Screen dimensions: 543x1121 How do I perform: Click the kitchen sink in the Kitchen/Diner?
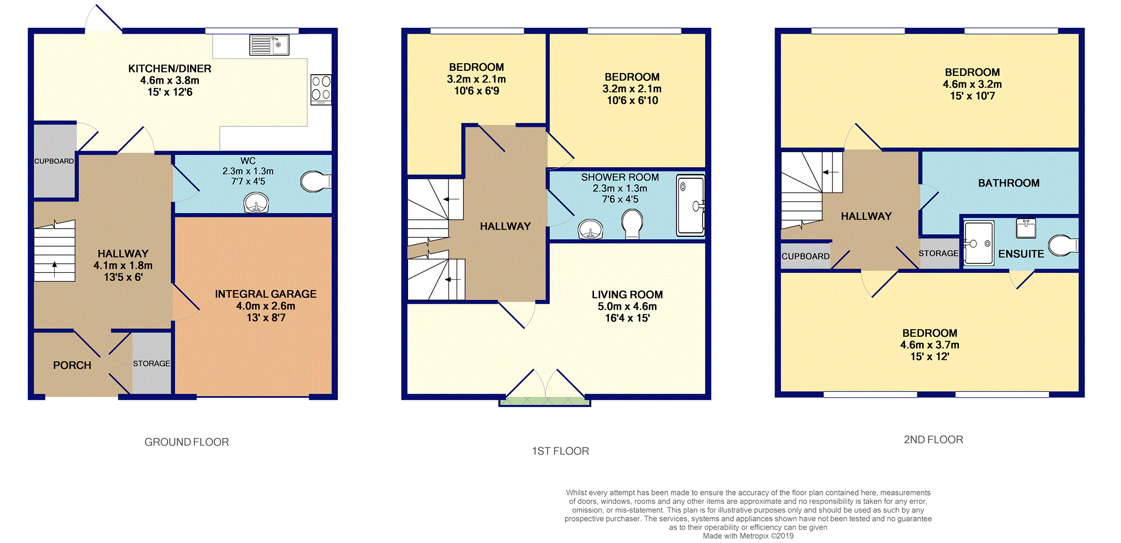pos(269,45)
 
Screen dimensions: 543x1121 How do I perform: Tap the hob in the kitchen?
pos(321,89)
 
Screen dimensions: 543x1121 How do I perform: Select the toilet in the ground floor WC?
pos(314,182)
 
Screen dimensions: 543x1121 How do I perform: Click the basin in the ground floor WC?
pos(256,203)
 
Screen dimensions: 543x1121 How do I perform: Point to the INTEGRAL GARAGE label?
pos(266,294)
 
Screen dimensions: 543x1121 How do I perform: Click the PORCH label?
pos(72,365)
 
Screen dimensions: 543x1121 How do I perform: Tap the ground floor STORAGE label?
pos(151,364)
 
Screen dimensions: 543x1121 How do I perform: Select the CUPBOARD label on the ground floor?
pos(54,161)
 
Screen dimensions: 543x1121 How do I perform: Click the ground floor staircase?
pos(54,252)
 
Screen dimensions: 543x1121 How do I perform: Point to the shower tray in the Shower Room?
pos(690,205)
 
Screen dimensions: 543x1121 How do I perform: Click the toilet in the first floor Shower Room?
pos(632,224)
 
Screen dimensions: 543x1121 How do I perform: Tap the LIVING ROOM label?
pos(627,294)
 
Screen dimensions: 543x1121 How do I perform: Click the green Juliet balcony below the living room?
pos(545,401)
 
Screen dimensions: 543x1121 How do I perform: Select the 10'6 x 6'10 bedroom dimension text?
pos(632,100)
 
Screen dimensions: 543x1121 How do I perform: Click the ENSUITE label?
pos(1021,254)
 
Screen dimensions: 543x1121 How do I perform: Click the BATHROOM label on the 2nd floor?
pos(1009,183)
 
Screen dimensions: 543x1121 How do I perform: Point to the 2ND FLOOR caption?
pos(933,439)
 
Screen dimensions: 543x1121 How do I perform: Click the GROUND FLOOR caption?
pos(187,442)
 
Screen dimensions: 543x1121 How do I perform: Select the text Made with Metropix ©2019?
pos(748,536)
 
